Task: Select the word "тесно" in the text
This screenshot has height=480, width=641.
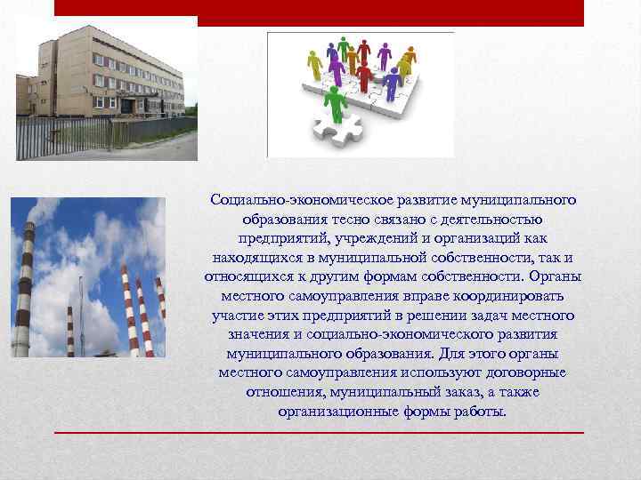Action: [337, 220]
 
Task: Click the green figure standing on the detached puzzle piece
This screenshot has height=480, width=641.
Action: [336, 104]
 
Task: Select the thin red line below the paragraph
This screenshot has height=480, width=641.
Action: [320, 433]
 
